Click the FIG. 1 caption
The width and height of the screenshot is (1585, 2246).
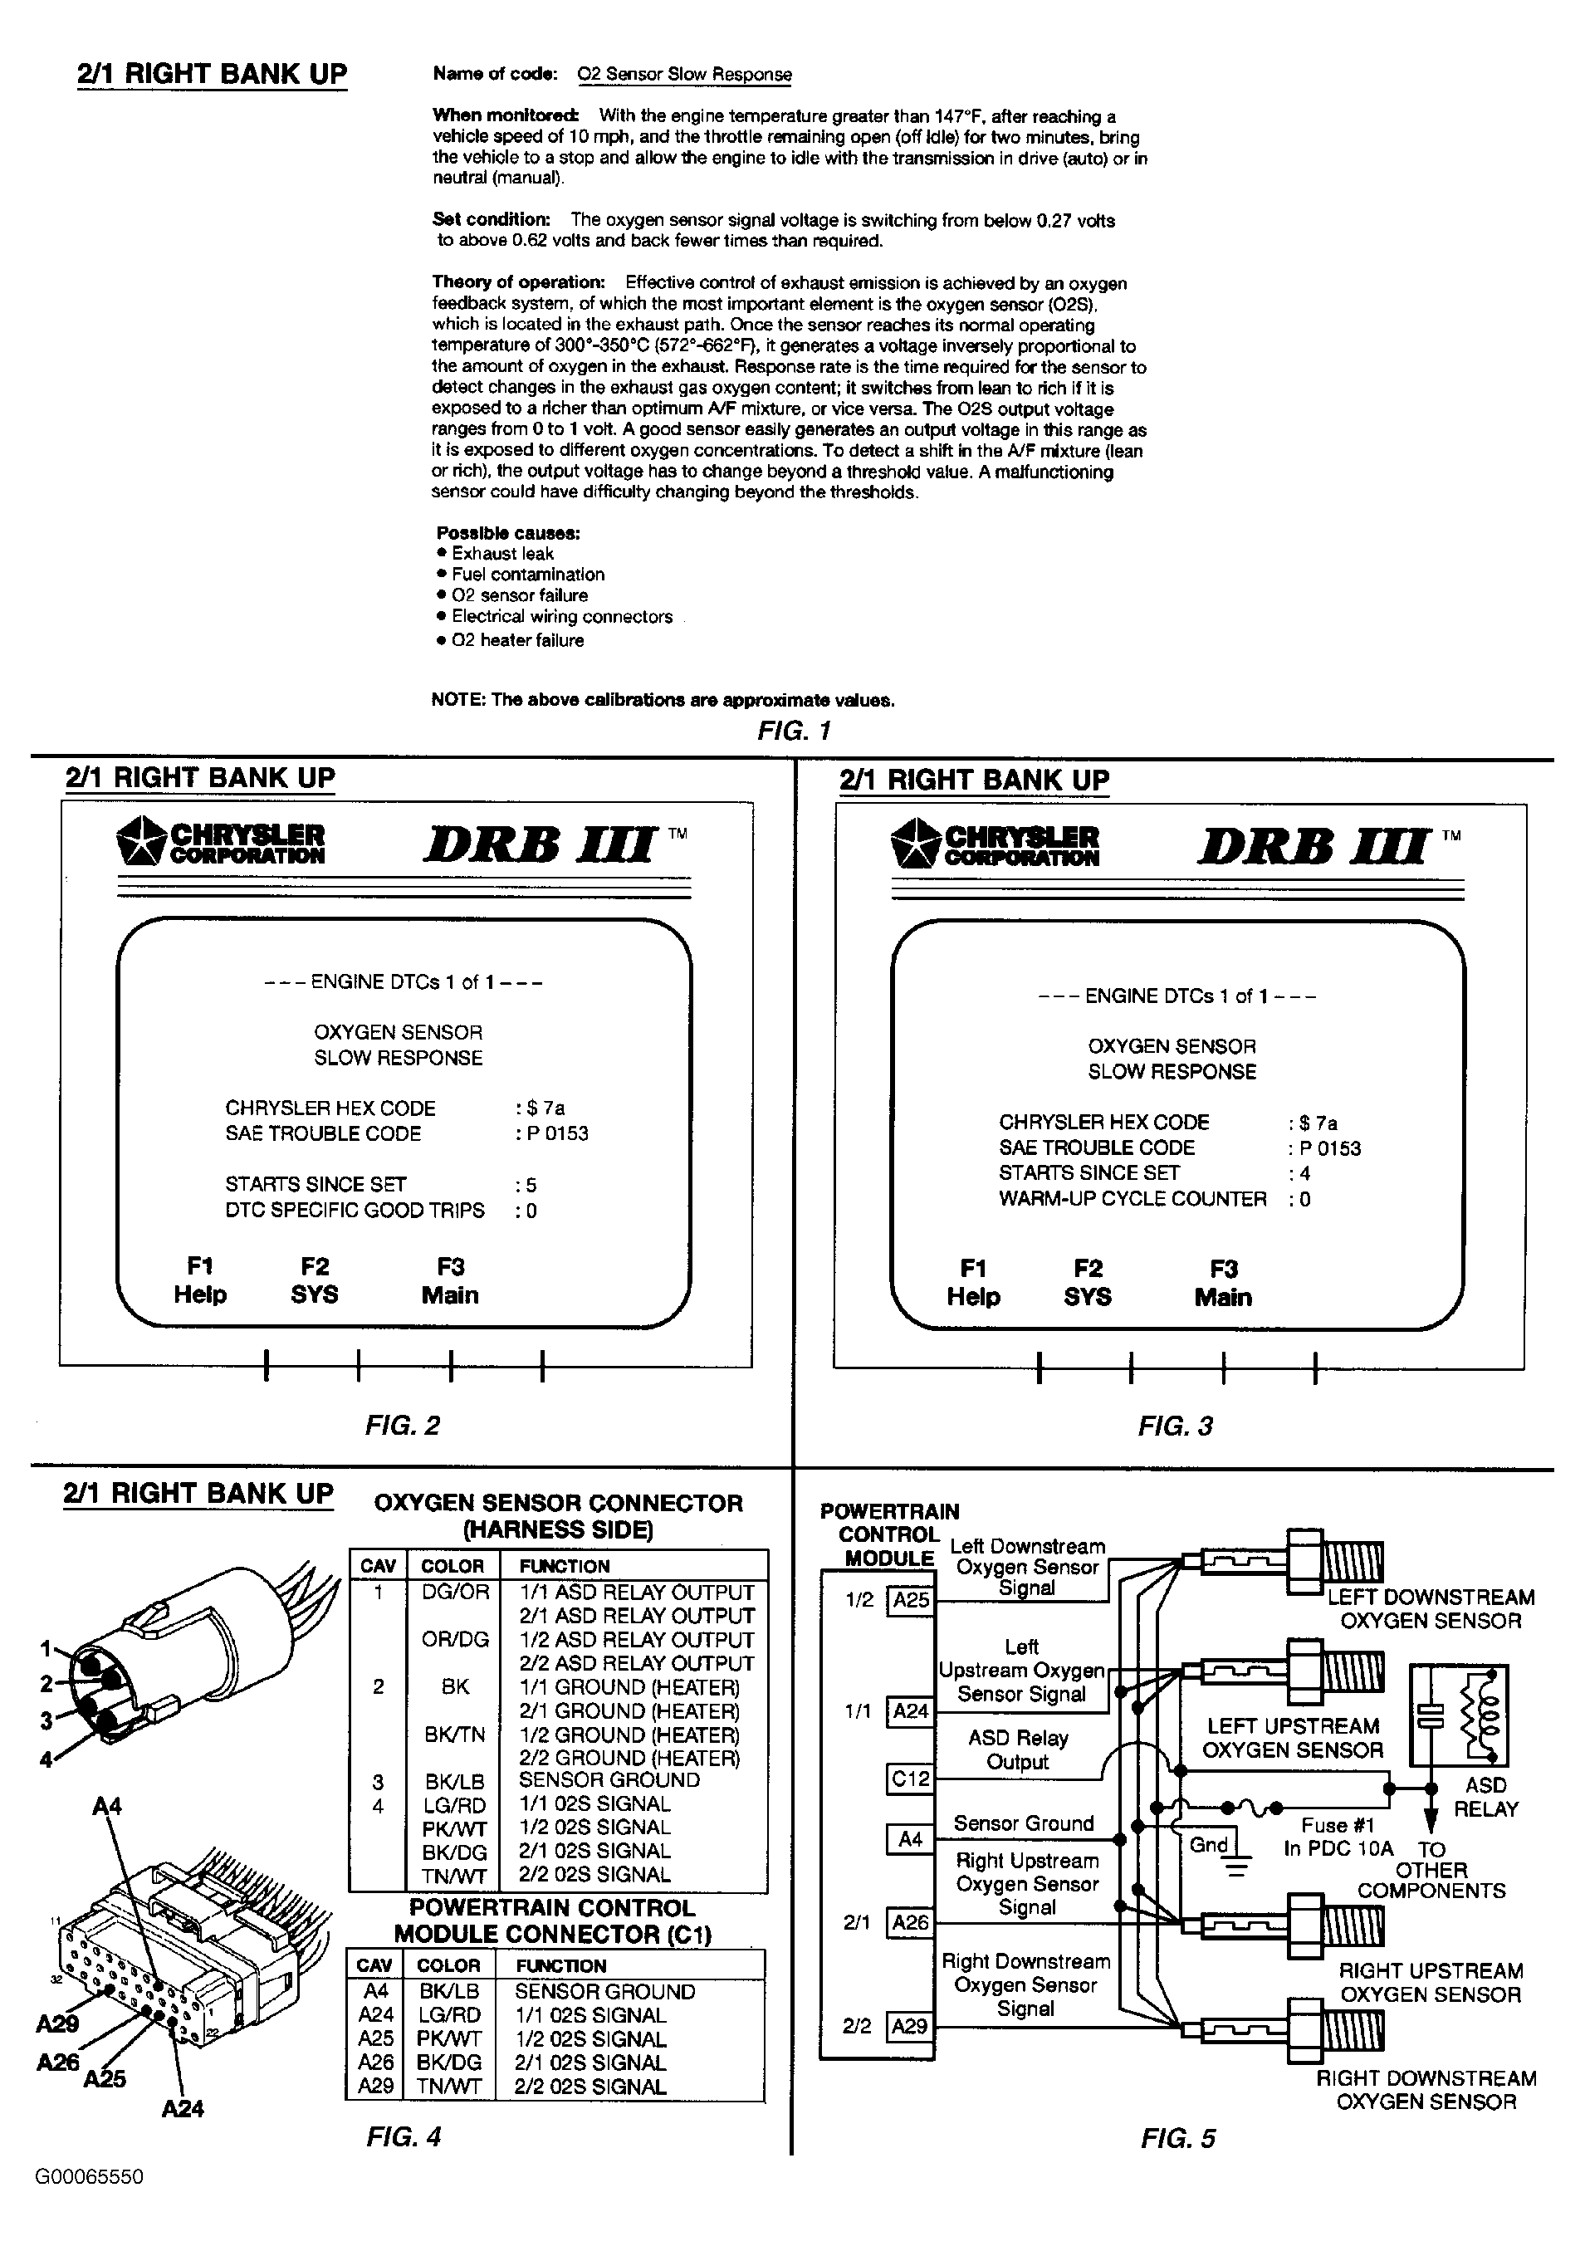pos(794,731)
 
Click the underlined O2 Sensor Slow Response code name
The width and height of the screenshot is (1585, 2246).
pos(684,75)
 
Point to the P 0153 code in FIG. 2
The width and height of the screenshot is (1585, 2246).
pos(553,1133)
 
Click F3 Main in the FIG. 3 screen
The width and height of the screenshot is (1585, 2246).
pos(1223,1284)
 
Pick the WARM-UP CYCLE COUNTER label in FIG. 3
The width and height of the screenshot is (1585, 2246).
pos(1132,1198)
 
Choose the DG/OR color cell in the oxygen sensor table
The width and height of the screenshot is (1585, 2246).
pos(455,1593)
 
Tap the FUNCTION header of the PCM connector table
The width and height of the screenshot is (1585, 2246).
pos(560,1965)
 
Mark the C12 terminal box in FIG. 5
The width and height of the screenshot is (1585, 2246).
pos(910,1779)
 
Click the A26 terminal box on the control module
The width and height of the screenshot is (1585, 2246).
pos(910,1923)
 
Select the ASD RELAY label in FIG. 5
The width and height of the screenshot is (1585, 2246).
pos(1485,1797)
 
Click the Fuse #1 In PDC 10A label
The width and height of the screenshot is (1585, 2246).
pos(1338,1836)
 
